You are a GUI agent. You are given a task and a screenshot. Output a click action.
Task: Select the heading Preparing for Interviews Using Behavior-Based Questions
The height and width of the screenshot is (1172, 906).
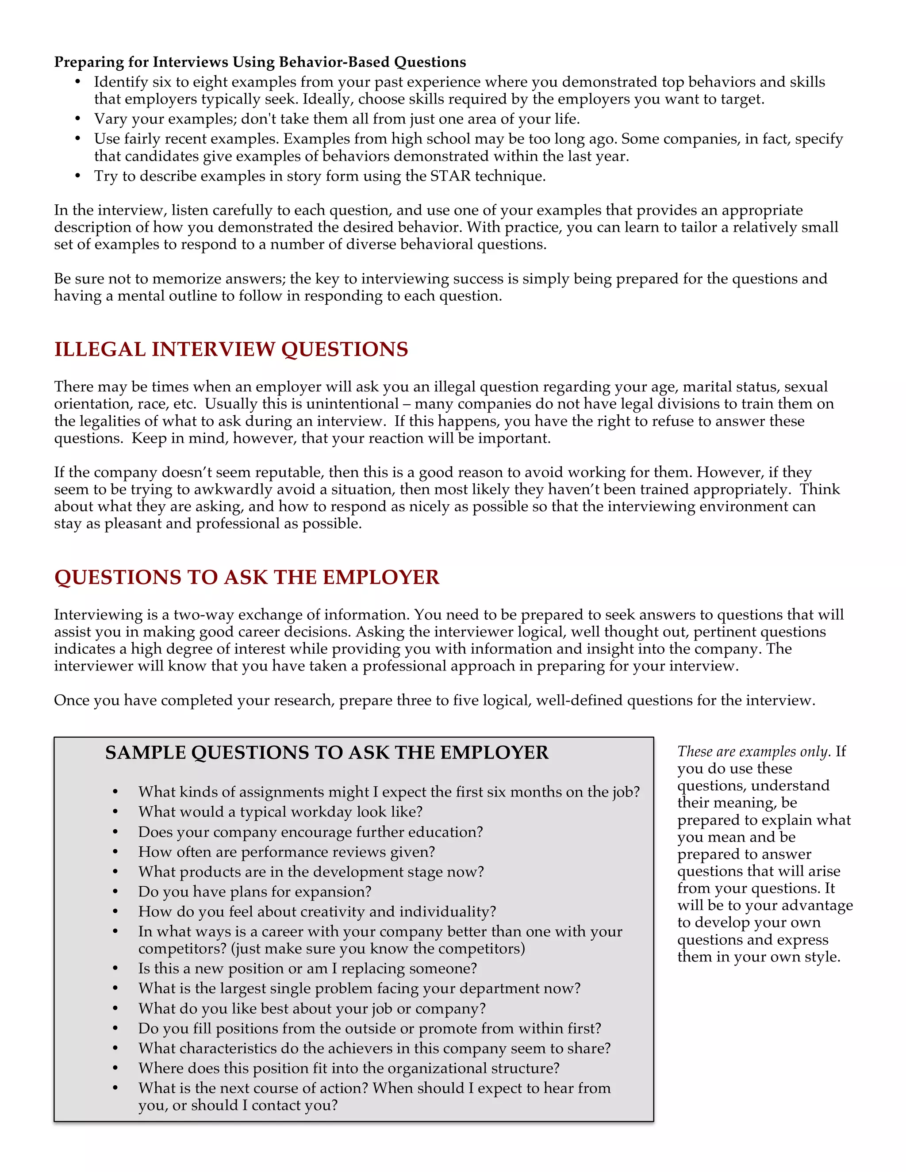click(x=260, y=62)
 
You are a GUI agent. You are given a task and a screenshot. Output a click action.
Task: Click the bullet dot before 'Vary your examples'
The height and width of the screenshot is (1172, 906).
click(x=78, y=119)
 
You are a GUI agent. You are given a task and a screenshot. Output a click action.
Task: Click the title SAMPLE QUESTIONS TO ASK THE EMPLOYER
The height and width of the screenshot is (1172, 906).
click(x=327, y=752)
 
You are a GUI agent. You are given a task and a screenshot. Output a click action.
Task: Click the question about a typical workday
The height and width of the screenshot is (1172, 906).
click(x=280, y=812)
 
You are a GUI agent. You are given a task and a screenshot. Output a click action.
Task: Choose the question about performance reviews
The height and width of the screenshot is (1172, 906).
click(x=286, y=852)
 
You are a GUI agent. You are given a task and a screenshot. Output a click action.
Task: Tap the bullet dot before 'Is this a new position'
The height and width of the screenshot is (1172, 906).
click(x=115, y=969)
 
